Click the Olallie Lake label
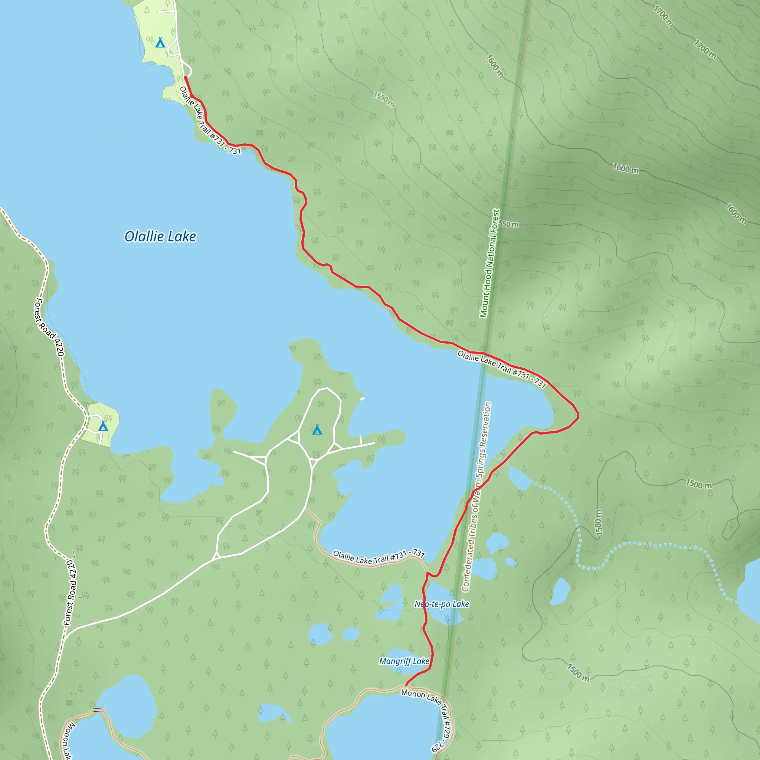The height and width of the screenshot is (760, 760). coord(160,236)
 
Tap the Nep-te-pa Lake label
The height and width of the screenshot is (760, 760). coord(441,604)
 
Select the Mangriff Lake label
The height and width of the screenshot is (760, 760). coord(404,661)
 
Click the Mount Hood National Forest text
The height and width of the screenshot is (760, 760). coord(489,263)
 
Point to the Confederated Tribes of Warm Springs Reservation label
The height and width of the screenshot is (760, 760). coord(477,497)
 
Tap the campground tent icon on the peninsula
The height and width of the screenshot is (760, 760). coord(317,430)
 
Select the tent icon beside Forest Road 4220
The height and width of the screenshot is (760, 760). coord(103,426)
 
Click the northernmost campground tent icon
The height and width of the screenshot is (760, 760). coord(160,42)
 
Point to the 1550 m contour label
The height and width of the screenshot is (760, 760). coord(384,99)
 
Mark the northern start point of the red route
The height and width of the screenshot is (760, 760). coord(185,78)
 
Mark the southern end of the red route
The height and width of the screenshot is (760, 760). coord(406,686)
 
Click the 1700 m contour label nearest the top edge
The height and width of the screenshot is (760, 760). coord(664,16)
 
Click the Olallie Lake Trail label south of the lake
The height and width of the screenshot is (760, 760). coord(379,557)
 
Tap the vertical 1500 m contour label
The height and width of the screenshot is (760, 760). coord(598,523)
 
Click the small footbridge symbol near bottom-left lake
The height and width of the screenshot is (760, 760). coord(98,710)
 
